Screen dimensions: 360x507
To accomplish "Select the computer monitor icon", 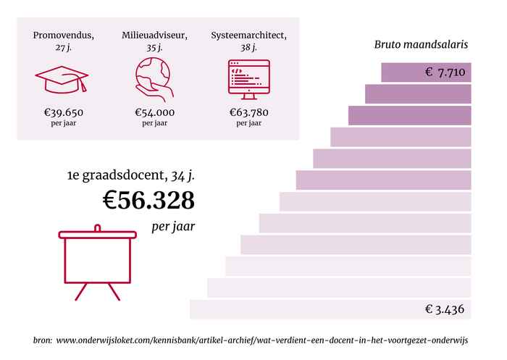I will coord(248,78).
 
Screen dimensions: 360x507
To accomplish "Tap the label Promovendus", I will coord(62,35).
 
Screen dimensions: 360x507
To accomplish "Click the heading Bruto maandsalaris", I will coord(421,45).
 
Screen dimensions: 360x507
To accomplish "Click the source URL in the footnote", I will coord(262,340).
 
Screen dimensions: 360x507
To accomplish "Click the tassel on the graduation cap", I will coord(83,85).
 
